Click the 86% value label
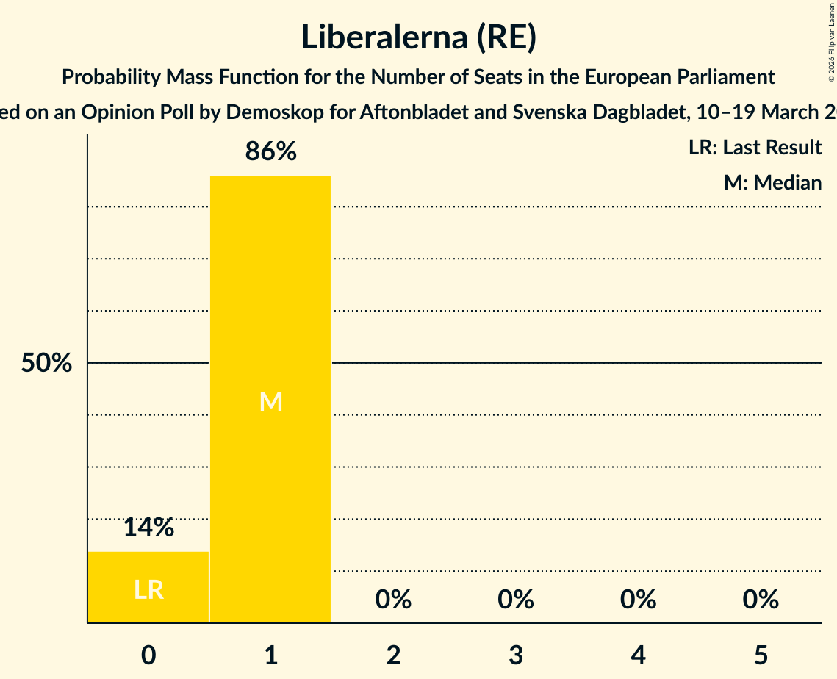click(x=270, y=152)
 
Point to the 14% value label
click(x=148, y=528)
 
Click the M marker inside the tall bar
click(x=270, y=401)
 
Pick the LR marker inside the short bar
click(x=148, y=589)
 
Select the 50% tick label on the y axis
click(x=46, y=363)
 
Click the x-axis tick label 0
click(x=148, y=655)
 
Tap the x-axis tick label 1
click(x=271, y=655)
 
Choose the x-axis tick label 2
click(x=393, y=655)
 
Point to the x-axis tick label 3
click(x=516, y=655)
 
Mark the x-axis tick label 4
click(x=638, y=655)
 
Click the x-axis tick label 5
click(x=761, y=655)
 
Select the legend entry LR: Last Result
click(x=755, y=148)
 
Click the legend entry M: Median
click(x=772, y=182)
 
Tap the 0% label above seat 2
click(x=393, y=600)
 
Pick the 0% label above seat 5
click(x=761, y=600)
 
